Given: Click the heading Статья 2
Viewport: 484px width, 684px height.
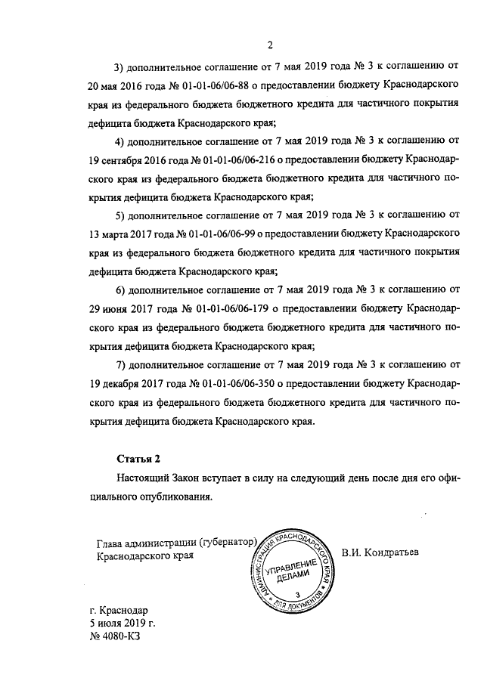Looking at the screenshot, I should pos(139,459).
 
